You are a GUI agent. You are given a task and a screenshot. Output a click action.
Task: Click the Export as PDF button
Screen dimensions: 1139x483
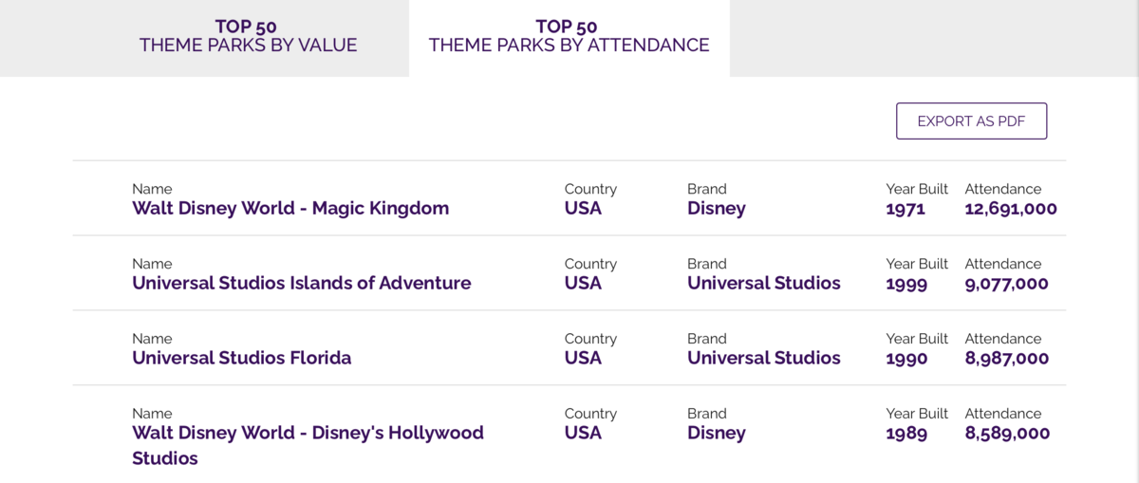971,121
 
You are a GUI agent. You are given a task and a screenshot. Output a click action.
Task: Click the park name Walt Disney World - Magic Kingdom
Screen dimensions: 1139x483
290,208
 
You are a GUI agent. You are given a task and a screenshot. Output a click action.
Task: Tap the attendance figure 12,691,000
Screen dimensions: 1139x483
1011,209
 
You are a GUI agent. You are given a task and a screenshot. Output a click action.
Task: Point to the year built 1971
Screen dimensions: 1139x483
906,209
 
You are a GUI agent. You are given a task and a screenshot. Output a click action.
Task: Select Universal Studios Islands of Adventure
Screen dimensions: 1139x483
302,283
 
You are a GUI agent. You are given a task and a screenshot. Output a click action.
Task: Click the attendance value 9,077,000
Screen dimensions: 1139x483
1006,283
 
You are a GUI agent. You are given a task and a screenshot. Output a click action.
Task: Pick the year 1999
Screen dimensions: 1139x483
906,283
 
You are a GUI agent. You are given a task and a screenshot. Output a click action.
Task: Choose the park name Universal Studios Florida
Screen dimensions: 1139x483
241,358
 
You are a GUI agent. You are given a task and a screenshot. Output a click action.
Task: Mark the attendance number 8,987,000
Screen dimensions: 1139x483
1007,359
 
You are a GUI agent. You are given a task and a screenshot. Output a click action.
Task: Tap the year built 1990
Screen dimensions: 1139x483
906,359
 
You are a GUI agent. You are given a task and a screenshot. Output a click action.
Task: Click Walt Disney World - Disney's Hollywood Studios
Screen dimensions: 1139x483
308,445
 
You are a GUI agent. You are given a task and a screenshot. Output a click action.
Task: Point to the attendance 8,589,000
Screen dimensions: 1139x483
1007,433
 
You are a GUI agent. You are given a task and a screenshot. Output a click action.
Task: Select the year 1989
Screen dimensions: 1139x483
906,433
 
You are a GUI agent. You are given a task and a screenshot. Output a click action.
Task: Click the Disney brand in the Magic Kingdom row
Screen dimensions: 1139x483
717,209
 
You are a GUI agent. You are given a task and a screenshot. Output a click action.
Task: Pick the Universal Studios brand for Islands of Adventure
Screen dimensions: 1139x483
764,283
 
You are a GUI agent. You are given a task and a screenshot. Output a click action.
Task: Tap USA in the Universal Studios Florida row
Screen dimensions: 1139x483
583,358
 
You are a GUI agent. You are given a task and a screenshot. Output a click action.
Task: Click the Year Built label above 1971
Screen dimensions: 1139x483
917,189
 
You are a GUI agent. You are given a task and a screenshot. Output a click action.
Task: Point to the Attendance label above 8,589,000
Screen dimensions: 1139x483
1003,414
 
